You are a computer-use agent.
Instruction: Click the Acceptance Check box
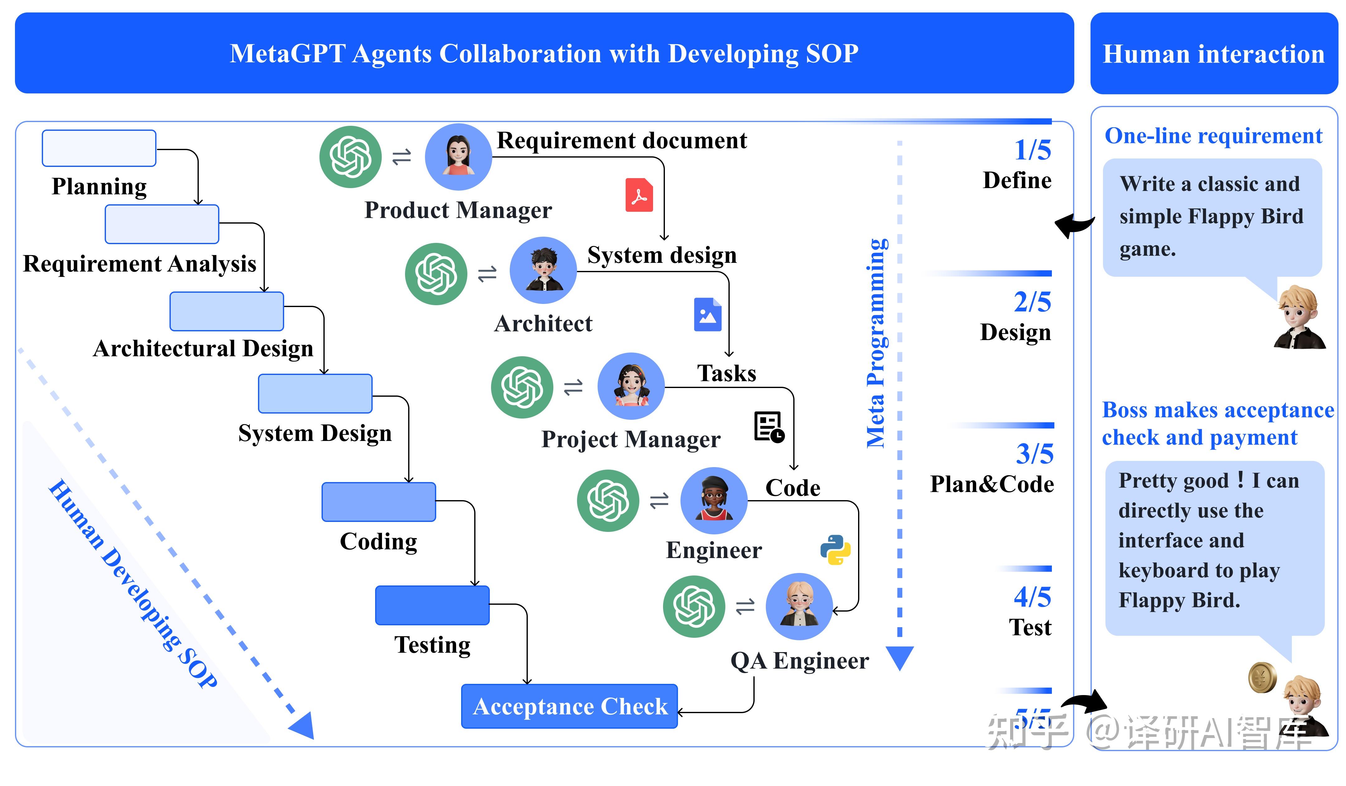[x=569, y=707]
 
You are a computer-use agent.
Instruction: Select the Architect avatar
[x=543, y=271]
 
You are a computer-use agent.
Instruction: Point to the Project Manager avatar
[x=631, y=386]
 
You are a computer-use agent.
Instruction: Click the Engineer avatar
[x=714, y=501]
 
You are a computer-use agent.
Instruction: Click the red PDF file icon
[x=639, y=196]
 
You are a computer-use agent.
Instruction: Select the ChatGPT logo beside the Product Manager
[x=351, y=157]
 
